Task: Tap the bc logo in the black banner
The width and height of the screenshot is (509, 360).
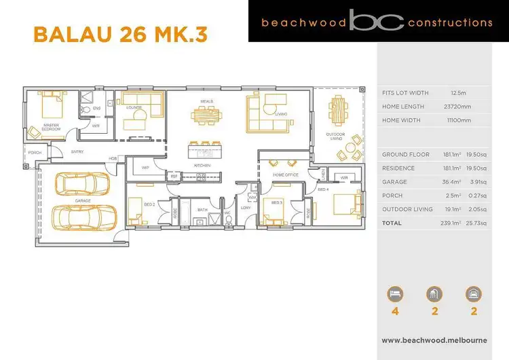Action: [x=377, y=22]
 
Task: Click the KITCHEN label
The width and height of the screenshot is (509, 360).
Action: [x=202, y=165]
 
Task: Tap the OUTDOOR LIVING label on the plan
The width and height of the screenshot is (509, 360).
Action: [x=335, y=137]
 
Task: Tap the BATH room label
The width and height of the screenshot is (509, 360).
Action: [x=202, y=210]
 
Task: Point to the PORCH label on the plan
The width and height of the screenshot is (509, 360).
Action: [x=35, y=153]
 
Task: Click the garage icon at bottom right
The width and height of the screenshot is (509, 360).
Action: [x=473, y=293]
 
